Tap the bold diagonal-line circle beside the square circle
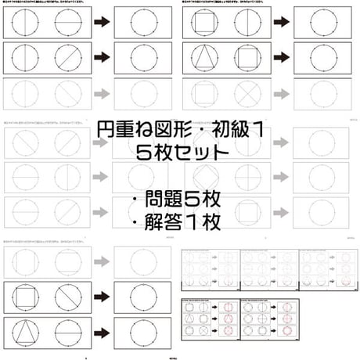coord(70,297)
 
